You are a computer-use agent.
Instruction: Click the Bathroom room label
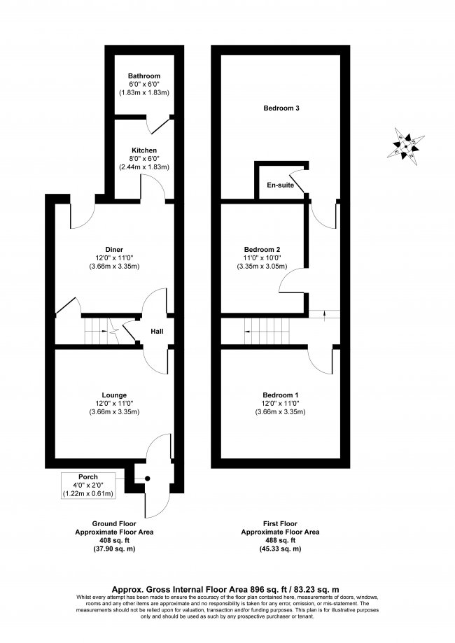(144, 76)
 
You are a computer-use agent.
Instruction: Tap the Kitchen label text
(144, 150)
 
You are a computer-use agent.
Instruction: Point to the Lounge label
(115, 395)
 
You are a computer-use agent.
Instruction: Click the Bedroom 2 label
(262, 249)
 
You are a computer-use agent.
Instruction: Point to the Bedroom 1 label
(281, 395)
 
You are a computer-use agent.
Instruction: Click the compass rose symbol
(405, 145)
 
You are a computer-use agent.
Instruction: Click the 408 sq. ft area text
(115, 540)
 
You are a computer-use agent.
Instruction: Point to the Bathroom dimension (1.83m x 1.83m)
(144, 92)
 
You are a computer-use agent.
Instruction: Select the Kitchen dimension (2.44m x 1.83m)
(144, 167)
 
